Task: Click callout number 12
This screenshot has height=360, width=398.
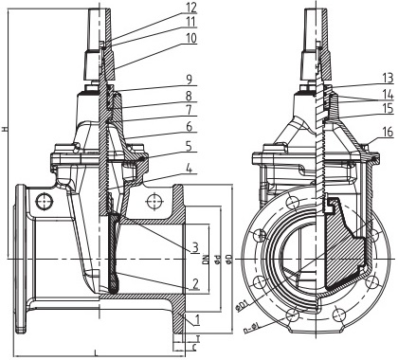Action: pos(190,7)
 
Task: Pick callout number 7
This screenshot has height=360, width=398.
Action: pos(190,110)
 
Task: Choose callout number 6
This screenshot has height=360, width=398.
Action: pos(190,127)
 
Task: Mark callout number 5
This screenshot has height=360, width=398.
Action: pos(190,147)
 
